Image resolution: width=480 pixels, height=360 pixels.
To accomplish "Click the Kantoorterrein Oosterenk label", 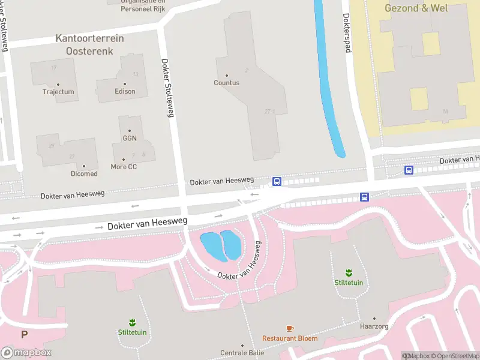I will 89,44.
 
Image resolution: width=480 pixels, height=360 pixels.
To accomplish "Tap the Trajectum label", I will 58,92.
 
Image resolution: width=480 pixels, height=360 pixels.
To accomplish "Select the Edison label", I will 125,91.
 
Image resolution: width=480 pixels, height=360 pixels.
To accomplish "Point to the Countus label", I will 226,83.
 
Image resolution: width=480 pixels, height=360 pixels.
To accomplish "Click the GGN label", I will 130,138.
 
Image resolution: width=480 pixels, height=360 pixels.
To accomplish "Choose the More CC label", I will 124,166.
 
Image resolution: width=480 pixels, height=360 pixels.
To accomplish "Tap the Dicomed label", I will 84,173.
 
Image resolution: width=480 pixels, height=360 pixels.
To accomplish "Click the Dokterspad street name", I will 346,32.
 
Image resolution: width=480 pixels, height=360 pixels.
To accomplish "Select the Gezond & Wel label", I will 416,8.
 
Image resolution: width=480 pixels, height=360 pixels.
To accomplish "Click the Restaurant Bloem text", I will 290,338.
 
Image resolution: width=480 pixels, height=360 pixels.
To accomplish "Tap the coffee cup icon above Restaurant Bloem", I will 290,328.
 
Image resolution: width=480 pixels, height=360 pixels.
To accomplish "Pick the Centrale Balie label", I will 242,353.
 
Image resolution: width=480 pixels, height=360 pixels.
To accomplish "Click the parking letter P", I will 25,335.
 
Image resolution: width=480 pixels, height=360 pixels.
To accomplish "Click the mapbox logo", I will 26,353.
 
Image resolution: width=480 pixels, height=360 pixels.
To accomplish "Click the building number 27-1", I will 269,111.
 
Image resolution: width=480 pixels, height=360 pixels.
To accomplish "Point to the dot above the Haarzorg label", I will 374,319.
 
